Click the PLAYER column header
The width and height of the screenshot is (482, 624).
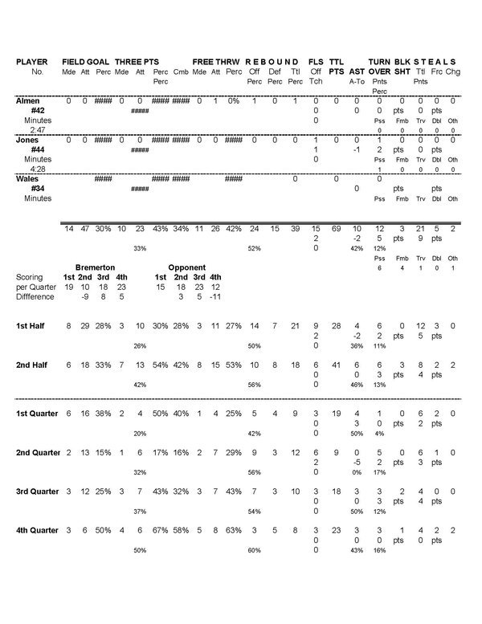pyautogui.click(x=32, y=62)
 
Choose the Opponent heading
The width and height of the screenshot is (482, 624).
pyautogui.click(x=187, y=267)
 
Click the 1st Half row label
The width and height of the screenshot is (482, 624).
pyautogui.click(x=33, y=326)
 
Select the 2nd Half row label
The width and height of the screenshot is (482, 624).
pyautogui.click(x=34, y=365)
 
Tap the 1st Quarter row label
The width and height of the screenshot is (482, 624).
pyautogui.click(x=38, y=413)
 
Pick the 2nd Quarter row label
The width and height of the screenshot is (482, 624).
pyautogui.click(x=38, y=453)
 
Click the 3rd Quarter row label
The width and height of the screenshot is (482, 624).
pyautogui.click(x=38, y=492)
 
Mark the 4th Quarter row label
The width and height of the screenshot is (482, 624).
pyautogui.click(x=38, y=531)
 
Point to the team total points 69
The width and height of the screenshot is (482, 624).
pyautogui.click(x=337, y=229)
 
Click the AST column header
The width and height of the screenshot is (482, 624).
pyautogui.click(x=357, y=71)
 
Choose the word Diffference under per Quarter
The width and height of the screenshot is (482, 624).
pyautogui.click(x=34, y=296)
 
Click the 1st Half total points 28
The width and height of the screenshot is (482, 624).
pyautogui.click(x=337, y=326)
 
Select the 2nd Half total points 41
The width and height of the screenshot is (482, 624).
pyautogui.click(x=337, y=365)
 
